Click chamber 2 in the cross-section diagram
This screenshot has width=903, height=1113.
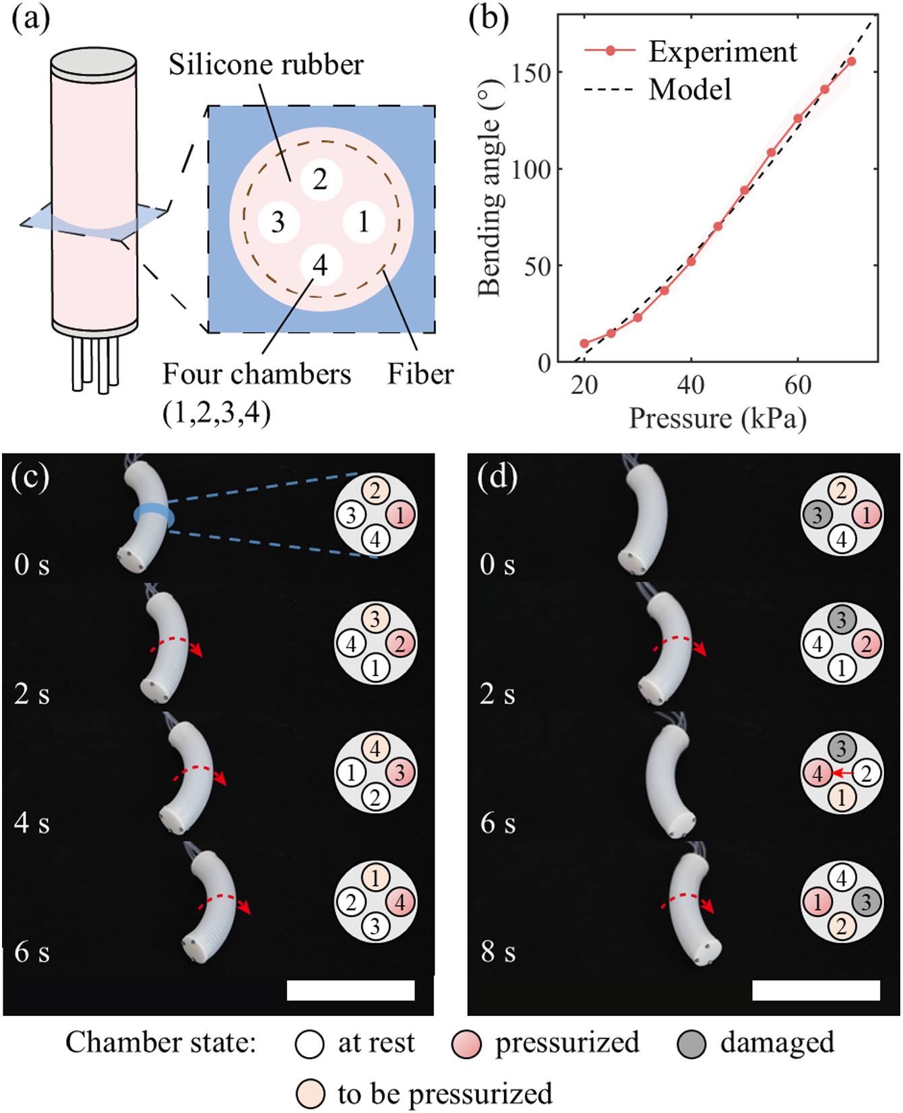pyautogui.click(x=321, y=179)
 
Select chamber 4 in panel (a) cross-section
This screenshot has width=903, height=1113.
pyautogui.click(x=321, y=265)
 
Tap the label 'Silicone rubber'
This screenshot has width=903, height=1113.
pyautogui.click(x=266, y=65)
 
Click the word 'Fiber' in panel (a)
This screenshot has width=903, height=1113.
pyautogui.click(x=421, y=374)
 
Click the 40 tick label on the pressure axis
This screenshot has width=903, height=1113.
pyautogui.click(x=691, y=385)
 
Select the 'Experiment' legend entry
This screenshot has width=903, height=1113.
pyautogui.click(x=722, y=52)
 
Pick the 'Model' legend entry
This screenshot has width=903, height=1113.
pyautogui.click(x=689, y=90)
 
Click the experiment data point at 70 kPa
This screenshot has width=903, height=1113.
pyautogui.click(x=852, y=61)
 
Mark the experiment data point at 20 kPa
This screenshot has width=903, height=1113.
pyautogui.click(x=584, y=344)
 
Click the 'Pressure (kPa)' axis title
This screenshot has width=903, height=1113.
pyautogui.click(x=718, y=418)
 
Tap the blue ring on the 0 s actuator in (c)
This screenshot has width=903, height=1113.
pyautogui.click(x=154, y=515)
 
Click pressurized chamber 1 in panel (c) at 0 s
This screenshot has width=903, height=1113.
pyautogui.click(x=400, y=515)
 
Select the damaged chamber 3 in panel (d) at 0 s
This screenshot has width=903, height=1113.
pyautogui.click(x=817, y=515)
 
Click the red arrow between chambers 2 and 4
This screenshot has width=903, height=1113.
pyautogui.click(x=842, y=773)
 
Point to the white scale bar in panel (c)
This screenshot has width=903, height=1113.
pyautogui.click(x=350, y=990)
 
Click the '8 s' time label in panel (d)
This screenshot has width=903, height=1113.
pyautogui.click(x=498, y=952)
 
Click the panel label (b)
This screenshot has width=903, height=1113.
pyautogui.click(x=489, y=19)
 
